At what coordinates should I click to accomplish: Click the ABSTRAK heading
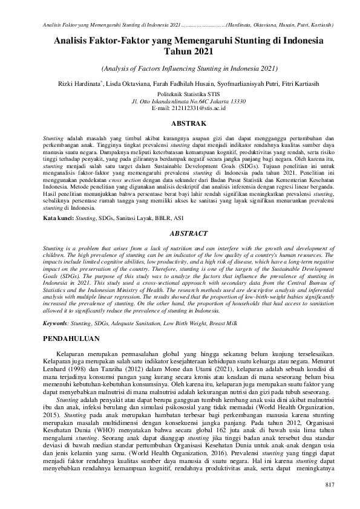click(180, 123)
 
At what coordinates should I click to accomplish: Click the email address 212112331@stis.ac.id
click(180, 109)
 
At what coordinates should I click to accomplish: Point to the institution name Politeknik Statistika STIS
click(180, 95)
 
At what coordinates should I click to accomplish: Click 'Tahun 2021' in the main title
click(180, 53)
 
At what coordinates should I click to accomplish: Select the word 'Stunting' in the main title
click(232, 41)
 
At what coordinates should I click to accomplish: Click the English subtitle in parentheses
click(180, 68)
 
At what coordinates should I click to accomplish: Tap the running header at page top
click(180, 25)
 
